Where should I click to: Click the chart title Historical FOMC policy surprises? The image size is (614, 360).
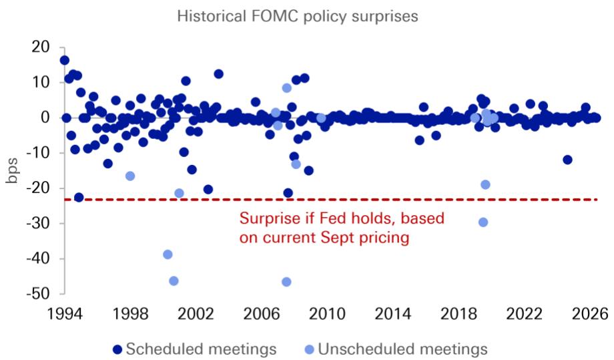298,17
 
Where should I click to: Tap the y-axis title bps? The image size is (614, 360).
12,171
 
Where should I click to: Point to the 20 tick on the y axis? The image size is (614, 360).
41,47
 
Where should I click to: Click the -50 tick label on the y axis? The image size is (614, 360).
38,293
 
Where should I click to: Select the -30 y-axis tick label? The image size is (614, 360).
38,223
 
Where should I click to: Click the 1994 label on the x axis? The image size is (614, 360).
65,314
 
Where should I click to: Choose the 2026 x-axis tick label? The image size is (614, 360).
590,314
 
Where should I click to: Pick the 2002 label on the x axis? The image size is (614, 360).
196,314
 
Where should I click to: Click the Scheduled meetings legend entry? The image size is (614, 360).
195,349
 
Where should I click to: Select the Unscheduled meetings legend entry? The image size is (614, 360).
396,349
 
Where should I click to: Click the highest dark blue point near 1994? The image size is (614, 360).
65,60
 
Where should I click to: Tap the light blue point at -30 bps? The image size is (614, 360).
483,222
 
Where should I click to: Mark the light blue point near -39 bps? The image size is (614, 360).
168,254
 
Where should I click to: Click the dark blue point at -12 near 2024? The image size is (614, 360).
567,160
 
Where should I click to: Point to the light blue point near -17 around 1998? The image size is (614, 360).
130,176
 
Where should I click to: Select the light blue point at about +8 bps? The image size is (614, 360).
286,87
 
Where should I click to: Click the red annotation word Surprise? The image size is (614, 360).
266,218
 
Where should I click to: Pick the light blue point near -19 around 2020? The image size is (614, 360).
485,184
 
